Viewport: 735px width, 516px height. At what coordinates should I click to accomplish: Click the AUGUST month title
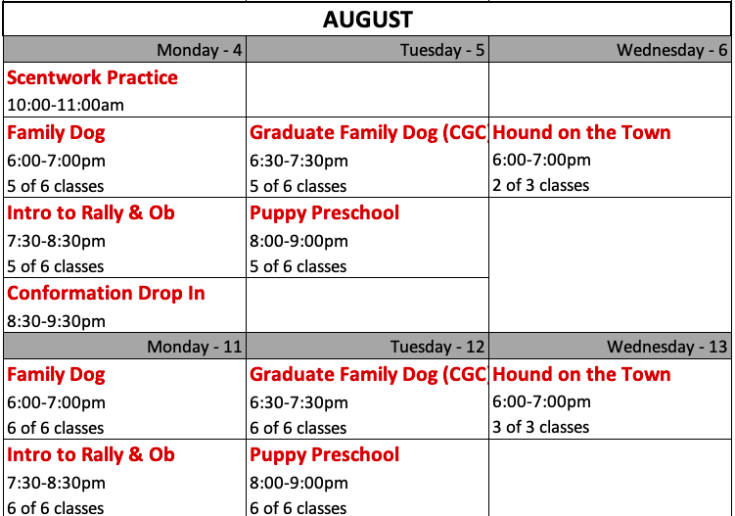(x=368, y=20)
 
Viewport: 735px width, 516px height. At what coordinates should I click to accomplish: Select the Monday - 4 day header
(x=200, y=50)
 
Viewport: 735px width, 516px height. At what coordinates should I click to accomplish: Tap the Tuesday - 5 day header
(x=442, y=50)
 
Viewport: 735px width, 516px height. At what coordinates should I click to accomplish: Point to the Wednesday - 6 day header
(x=671, y=50)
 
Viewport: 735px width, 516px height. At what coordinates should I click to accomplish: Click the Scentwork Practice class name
(x=92, y=78)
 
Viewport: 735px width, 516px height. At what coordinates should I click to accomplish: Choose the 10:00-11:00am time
(x=66, y=105)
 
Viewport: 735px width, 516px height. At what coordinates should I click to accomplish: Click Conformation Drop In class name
(x=106, y=294)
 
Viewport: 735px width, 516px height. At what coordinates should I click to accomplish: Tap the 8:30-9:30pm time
(x=56, y=321)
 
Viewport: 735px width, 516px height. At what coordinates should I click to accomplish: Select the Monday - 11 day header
(x=195, y=347)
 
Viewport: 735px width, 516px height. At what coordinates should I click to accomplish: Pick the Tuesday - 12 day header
(x=437, y=347)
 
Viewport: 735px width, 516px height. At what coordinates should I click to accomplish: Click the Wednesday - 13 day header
(x=667, y=347)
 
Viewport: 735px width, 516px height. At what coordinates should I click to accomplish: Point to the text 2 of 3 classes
(x=540, y=185)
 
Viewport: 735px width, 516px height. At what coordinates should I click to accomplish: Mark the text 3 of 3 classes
(x=540, y=427)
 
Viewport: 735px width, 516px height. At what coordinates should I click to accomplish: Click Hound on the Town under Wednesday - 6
(x=581, y=133)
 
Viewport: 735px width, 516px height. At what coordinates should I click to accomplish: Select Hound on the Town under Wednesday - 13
(x=581, y=375)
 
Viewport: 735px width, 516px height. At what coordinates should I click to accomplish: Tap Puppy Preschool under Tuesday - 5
(x=324, y=213)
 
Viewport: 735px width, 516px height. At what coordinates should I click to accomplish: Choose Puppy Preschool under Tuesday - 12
(x=324, y=455)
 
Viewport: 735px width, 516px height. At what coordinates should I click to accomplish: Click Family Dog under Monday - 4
(x=56, y=133)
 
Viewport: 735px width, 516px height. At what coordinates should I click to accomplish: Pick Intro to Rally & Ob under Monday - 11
(x=91, y=455)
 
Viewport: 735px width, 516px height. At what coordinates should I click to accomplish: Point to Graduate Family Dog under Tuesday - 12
(x=345, y=375)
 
